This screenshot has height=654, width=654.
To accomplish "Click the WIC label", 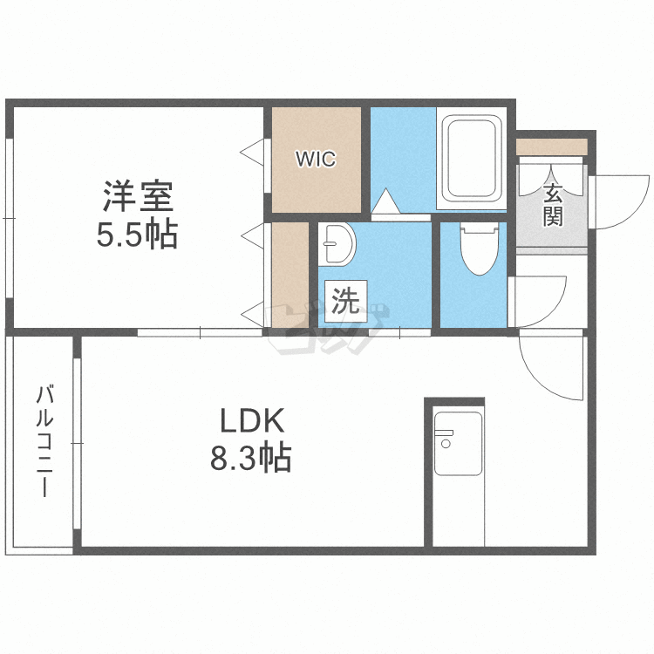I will tap(315, 160).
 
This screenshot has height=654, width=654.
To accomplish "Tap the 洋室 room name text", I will tap(137, 196).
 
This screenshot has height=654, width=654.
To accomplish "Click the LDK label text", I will tap(251, 422).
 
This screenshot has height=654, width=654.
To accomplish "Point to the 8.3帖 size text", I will tap(251, 457).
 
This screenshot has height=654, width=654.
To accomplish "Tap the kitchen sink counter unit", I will tap(458, 442).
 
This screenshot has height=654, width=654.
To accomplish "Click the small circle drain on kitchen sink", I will tap(446, 444).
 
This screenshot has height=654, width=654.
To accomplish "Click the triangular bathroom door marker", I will tap(385, 203).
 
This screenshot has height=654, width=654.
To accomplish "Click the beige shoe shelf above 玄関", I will tap(551, 146).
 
